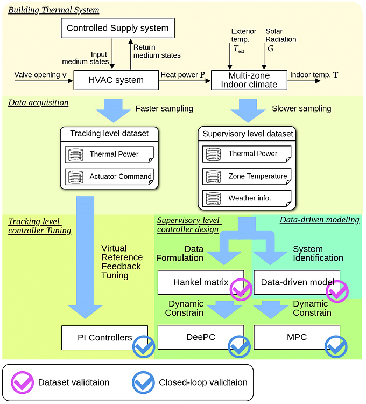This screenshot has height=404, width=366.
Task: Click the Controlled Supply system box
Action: point(117,27)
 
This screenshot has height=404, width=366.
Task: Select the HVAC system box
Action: point(116,80)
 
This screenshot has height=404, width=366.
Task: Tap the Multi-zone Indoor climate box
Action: point(248,80)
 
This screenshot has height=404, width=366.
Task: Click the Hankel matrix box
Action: point(194,282)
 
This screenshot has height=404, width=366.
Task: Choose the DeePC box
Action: point(200,337)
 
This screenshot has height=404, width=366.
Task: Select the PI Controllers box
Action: point(104,337)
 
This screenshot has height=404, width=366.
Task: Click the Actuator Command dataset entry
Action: point(109,176)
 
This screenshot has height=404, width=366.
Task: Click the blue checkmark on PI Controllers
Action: point(144,346)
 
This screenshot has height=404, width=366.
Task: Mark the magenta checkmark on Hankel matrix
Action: point(241,290)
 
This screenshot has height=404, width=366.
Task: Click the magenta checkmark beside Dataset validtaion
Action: point(22,382)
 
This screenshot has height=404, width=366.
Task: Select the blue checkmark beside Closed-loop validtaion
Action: point(143,382)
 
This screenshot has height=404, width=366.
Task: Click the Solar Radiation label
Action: point(280,35)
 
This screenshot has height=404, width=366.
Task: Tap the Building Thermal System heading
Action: point(53,10)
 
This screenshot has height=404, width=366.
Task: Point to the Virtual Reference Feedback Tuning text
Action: point(121,262)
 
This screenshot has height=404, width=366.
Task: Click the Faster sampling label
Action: point(164,109)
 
